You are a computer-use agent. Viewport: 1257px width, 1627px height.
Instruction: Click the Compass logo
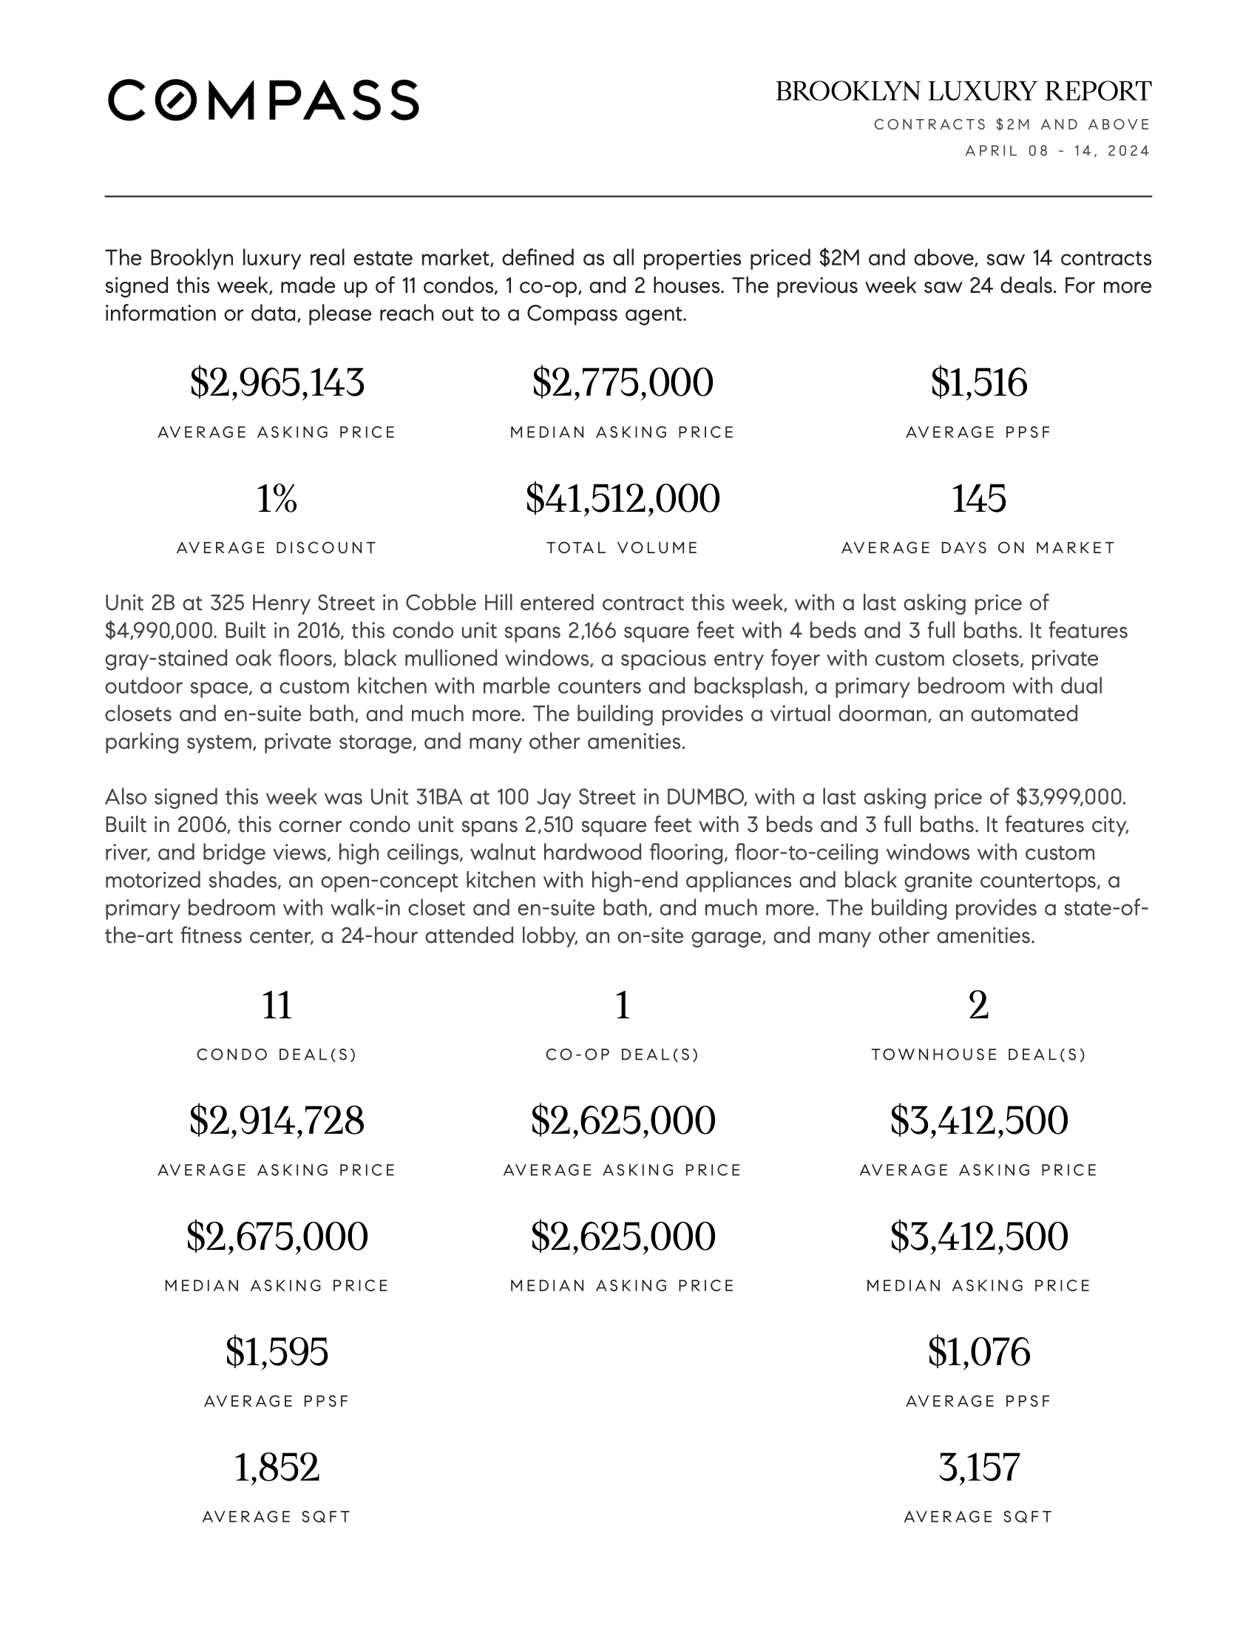coord(263,100)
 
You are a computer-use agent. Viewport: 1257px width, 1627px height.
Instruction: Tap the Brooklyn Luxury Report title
coord(963,92)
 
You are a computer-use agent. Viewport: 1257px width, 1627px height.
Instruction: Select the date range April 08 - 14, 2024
coord(1057,151)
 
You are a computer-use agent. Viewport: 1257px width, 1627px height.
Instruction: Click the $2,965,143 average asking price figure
coord(277,383)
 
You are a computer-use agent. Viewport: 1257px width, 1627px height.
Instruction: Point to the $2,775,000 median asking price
coord(623,383)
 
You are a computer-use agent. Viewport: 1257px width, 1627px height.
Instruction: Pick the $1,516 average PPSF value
coord(978,383)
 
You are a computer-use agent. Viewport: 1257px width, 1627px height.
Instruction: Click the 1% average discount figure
coord(277,498)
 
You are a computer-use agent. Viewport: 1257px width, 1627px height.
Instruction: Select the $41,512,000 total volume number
coord(623,498)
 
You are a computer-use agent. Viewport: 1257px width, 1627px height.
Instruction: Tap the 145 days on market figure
coord(978,498)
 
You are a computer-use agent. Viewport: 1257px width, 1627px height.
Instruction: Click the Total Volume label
coord(623,548)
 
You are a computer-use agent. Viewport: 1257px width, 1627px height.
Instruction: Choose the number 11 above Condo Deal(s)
coord(277,1006)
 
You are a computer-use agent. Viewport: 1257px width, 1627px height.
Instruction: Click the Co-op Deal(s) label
coord(623,1055)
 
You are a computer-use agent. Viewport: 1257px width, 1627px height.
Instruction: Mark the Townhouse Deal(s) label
coord(978,1055)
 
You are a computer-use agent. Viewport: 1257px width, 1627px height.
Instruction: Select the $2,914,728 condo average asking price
coord(277,1120)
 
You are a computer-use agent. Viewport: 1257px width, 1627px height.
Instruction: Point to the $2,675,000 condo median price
coord(277,1237)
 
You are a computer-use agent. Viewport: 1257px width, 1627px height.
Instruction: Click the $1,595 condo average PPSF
coord(277,1352)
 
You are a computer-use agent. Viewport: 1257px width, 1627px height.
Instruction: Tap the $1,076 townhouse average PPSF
coord(978,1352)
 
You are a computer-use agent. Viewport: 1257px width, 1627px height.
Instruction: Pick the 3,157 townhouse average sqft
coord(978,1467)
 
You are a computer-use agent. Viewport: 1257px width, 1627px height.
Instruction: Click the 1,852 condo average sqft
coord(277,1467)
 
